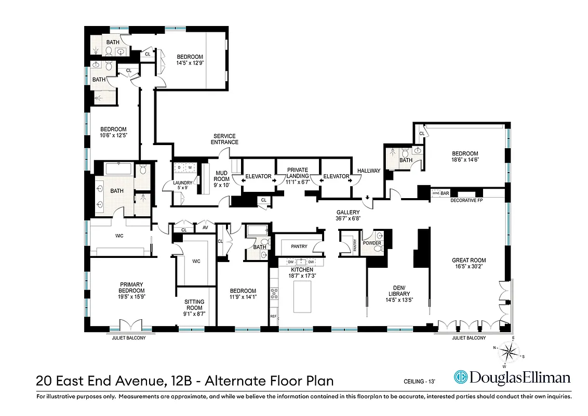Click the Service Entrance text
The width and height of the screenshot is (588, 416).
click(x=225, y=139)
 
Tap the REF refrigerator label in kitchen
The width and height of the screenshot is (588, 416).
click(x=273, y=316)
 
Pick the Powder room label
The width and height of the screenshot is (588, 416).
click(x=372, y=243)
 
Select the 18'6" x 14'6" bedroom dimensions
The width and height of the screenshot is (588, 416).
click(x=465, y=160)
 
